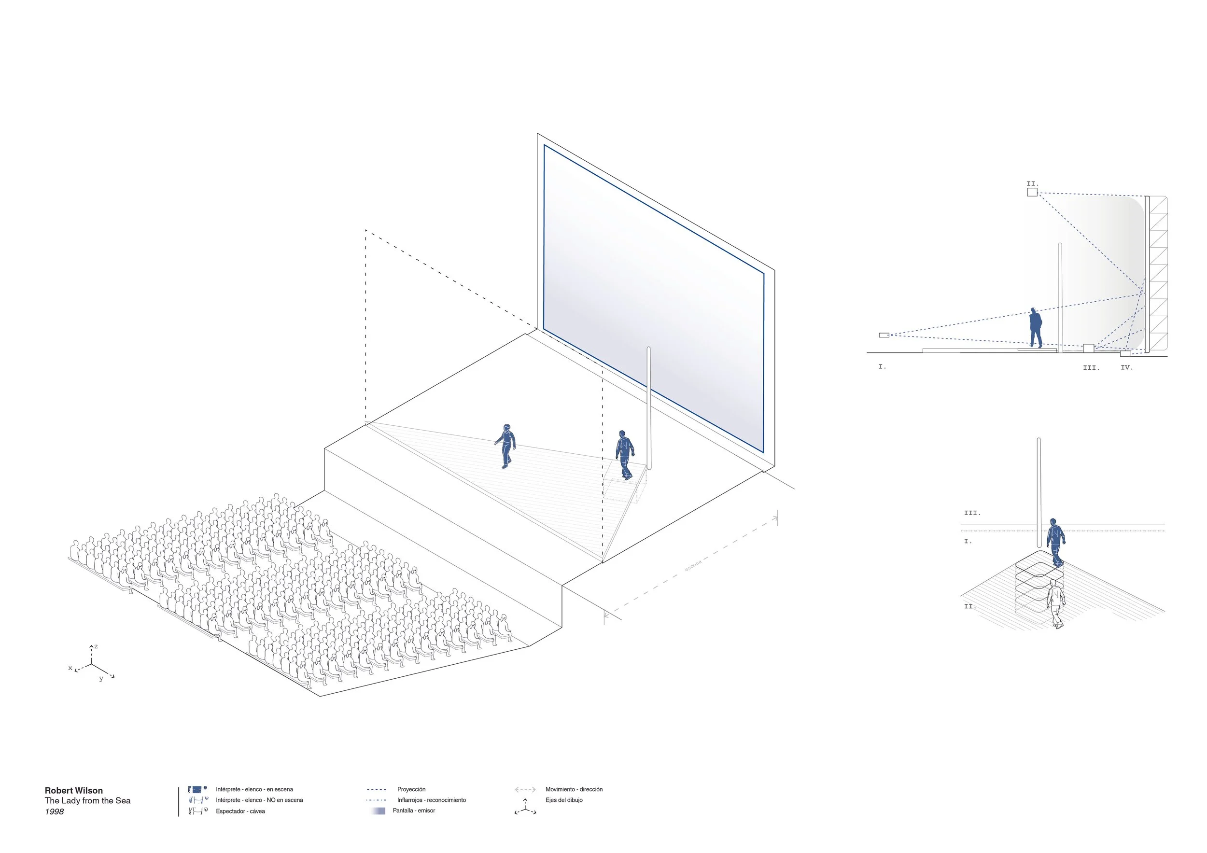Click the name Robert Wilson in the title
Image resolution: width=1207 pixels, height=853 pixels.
pyautogui.click(x=73, y=790)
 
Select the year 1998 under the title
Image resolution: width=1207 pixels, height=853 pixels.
pyautogui.click(x=54, y=812)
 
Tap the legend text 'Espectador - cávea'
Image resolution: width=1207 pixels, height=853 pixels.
pyautogui.click(x=240, y=811)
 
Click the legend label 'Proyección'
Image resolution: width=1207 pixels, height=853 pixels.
pyautogui.click(x=411, y=789)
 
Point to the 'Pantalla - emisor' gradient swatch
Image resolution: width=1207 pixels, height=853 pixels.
pyautogui.click(x=379, y=811)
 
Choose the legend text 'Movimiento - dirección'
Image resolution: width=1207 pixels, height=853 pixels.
pyautogui.click(x=574, y=789)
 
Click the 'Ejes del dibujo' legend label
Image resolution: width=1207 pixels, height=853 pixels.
pyautogui.click(x=563, y=800)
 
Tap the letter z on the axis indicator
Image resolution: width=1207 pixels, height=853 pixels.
pyautogui.click(x=96, y=646)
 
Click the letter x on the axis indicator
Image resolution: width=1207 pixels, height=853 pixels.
pyautogui.click(x=70, y=668)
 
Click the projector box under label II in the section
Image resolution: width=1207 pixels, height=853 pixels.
pyautogui.click(x=1032, y=192)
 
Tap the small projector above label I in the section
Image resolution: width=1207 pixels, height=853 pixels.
pyautogui.click(x=884, y=336)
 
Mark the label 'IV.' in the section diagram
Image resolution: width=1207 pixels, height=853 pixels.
pyautogui.click(x=1126, y=368)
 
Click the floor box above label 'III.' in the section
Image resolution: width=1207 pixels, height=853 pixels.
pyautogui.click(x=1088, y=348)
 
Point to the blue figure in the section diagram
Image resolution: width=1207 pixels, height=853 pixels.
pyautogui.click(x=1035, y=328)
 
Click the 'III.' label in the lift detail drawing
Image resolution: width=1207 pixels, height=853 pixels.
pyautogui.click(x=972, y=513)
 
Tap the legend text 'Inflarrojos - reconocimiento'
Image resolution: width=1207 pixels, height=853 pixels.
pyautogui.click(x=431, y=800)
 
